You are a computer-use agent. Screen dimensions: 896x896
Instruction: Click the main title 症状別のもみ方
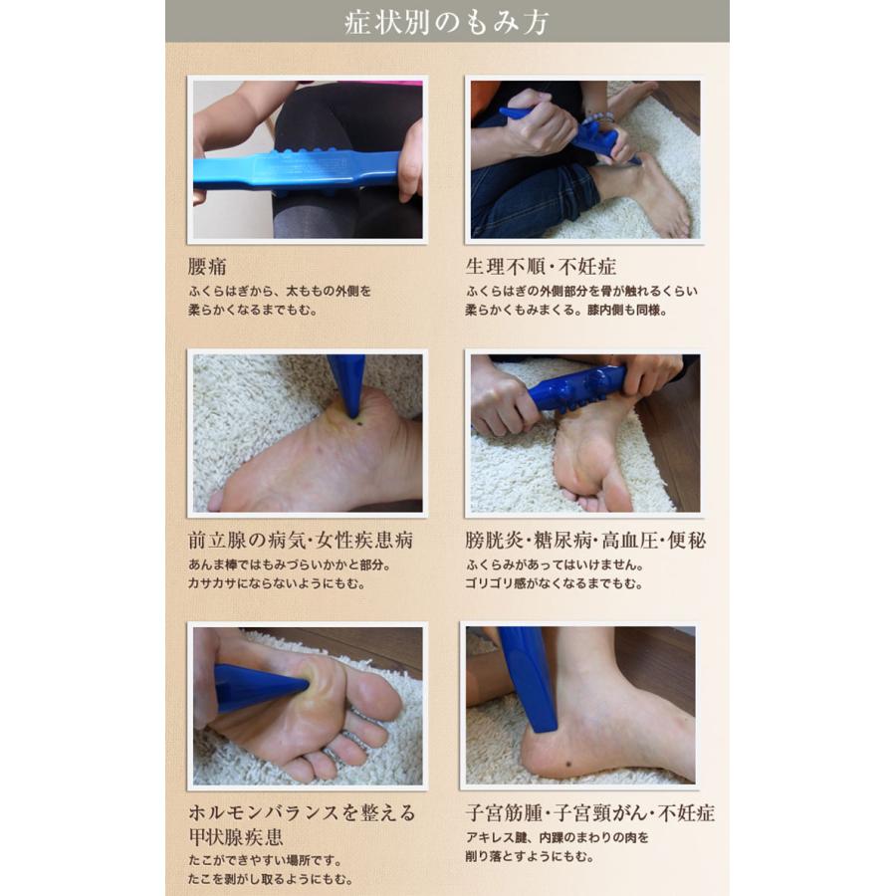pyautogui.click(x=447, y=22)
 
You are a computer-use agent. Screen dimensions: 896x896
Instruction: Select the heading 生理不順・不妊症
pyautogui.click(x=541, y=268)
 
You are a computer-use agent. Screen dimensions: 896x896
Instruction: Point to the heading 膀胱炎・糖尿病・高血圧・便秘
pyautogui.click(x=585, y=541)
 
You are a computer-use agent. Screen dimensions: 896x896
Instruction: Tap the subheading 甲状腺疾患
pyautogui.click(x=231, y=834)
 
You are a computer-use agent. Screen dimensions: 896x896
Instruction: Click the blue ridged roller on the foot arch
pyautogui.click(x=577, y=389)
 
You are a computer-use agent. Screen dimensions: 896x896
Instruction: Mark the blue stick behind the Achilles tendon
pyautogui.click(x=528, y=677)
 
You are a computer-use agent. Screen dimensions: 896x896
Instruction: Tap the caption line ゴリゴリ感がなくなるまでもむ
pyautogui.click(x=554, y=583)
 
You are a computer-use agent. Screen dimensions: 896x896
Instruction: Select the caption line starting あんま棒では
pyautogui.click(x=290, y=564)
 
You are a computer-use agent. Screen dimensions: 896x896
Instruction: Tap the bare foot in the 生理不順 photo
pyautogui.click(x=652, y=194)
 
